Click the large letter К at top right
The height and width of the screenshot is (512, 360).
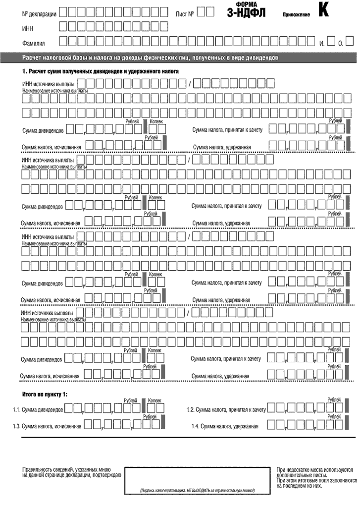323,11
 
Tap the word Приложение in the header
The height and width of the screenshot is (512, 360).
296,15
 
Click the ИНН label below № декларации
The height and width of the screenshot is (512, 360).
28,28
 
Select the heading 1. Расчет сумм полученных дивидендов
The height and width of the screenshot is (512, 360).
101,72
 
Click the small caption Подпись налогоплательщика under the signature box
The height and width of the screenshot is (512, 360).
197,490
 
